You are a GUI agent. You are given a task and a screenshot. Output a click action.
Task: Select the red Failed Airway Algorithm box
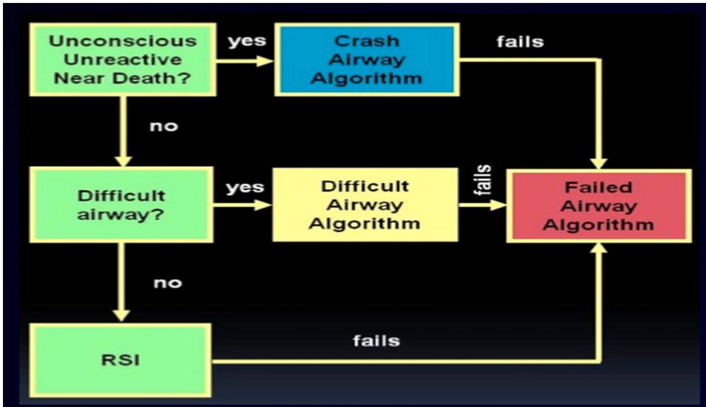(x=599, y=206)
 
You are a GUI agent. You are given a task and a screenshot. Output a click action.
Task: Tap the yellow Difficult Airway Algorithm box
(x=365, y=204)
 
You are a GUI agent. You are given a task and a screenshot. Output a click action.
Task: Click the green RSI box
(x=121, y=360)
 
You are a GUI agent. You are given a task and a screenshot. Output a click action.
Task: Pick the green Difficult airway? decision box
(x=121, y=204)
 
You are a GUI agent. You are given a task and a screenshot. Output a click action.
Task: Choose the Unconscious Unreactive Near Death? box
(x=122, y=59)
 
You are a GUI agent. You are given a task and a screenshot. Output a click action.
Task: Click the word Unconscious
(x=122, y=41)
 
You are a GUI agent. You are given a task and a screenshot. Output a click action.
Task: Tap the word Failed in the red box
(x=599, y=188)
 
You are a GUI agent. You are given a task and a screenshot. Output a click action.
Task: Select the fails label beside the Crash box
(x=520, y=41)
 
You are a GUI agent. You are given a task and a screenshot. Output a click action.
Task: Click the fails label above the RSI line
(x=376, y=341)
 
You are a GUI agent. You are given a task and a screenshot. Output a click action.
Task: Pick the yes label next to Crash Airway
(x=247, y=41)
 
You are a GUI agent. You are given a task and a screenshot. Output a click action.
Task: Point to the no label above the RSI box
(x=167, y=283)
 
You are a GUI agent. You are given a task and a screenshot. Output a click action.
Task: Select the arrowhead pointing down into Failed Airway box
(x=599, y=163)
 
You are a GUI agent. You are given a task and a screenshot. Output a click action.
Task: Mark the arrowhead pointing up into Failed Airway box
(x=599, y=248)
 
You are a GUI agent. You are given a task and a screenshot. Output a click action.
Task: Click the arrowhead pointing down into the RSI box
(x=120, y=315)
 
